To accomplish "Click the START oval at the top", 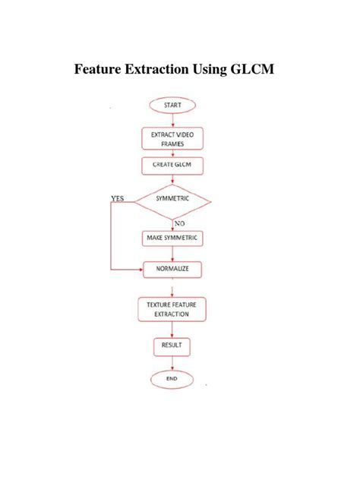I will [172, 105].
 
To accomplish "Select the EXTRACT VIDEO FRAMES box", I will [172, 138].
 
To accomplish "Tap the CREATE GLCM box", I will [172, 165].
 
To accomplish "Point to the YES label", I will [118, 199].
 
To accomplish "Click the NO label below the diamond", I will [180, 223].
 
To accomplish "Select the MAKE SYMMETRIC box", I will [172, 238].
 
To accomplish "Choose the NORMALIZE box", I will [172, 269].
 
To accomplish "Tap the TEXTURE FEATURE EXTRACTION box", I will [172, 308].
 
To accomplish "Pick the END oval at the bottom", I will [172, 377].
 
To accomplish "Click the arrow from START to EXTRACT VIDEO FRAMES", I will [172, 119].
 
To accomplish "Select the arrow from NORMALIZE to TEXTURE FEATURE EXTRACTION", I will [172, 288].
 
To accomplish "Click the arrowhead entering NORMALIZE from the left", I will [141, 269].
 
